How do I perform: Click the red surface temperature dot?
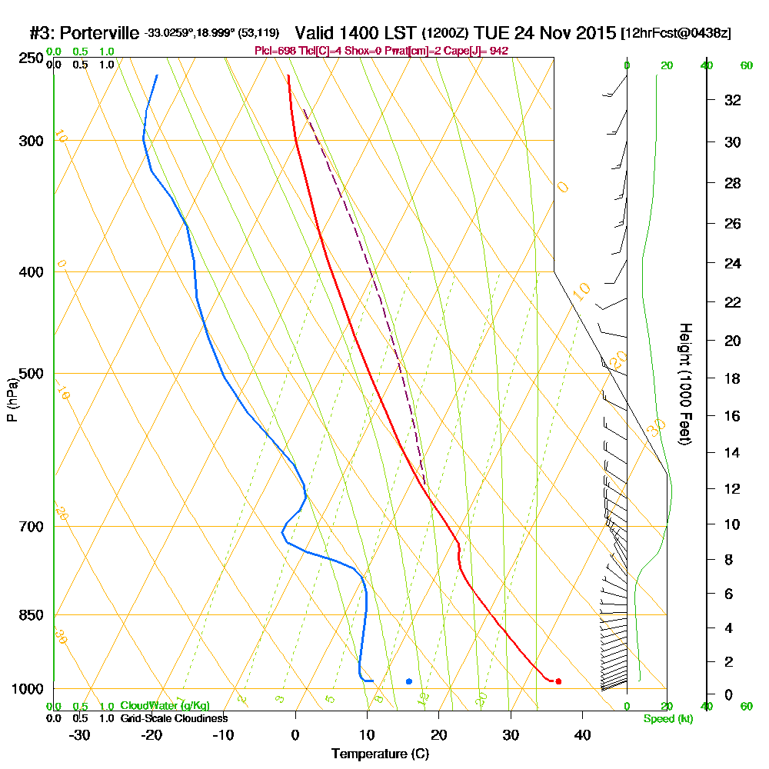tap(558, 681)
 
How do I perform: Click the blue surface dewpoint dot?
tap(409, 681)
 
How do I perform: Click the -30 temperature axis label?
tap(80, 734)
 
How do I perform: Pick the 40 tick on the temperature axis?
tap(582, 734)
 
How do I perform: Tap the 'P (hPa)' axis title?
tap(12, 400)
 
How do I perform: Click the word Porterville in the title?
tap(99, 33)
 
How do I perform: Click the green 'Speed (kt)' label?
tap(666, 718)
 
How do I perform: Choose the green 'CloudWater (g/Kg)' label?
tap(165, 706)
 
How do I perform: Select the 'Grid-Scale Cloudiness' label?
tap(174, 718)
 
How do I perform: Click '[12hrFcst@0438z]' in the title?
tap(676, 33)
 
